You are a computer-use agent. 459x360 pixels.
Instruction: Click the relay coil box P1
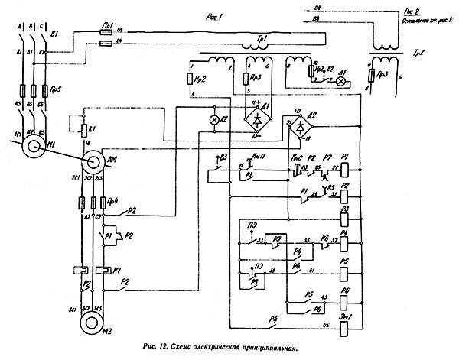coord(345,166)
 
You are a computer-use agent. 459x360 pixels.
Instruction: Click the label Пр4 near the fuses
coord(111,202)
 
